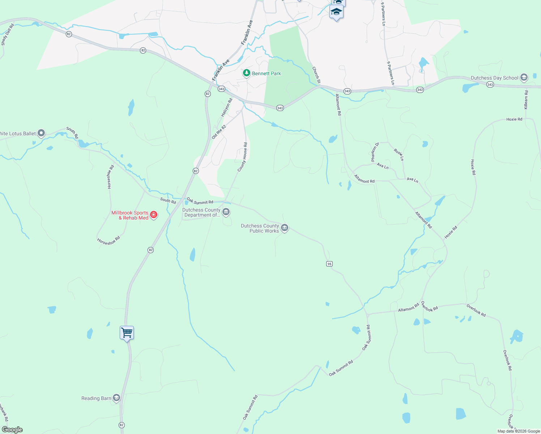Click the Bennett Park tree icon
(x=247, y=73)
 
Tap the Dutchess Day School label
(x=494, y=78)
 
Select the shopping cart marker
(x=127, y=333)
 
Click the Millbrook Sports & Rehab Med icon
(x=154, y=215)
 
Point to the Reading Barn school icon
(x=116, y=398)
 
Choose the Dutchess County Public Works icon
(x=285, y=228)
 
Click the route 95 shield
(x=329, y=264)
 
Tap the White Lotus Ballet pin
(x=41, y=133)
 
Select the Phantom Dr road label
(x=375, y=152)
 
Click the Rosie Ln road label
(x=399, y=154)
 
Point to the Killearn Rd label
(x=526, y=100)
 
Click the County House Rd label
(x=242, y=157)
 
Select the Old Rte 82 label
(x=219, y=132)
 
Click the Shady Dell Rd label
(x=7, y=35)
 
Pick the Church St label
(x=316, y=75)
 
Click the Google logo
(x=12, y=430)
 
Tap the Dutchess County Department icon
(x=226, y=212)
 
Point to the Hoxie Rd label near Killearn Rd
(x=514, y=119)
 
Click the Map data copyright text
(x=519, y=431)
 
